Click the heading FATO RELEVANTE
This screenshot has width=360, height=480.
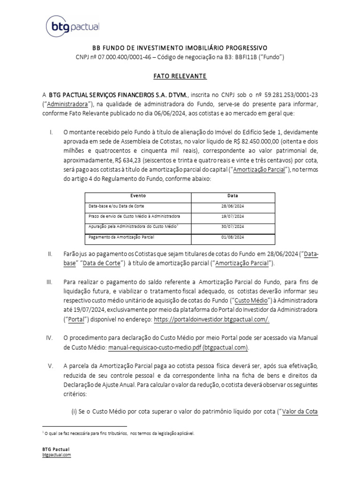[x=180, y=75]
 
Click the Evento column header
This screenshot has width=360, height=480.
[x=138, y=195]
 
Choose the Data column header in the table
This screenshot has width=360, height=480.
[x=232, y=195]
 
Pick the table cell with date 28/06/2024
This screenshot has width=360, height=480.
[x=232, y=206]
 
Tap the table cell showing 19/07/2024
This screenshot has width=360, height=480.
[x=232, y=216]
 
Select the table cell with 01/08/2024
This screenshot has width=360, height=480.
[x=232, y=237]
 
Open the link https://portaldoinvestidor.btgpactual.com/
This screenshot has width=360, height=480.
[x=212, y=319]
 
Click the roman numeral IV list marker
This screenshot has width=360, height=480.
[x=51, y=338]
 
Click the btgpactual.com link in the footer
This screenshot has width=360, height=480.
[x=56, y=455]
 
